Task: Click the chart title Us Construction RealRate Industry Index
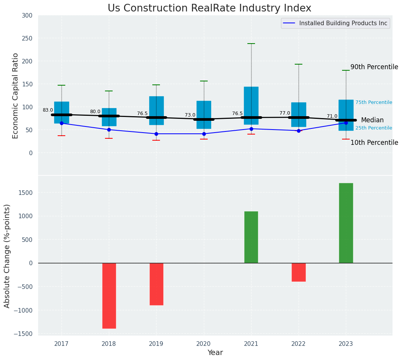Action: click(209, 8)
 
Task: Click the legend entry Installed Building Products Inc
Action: click(343, 23)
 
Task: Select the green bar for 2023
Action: click(346, 223)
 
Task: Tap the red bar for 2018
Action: click(109, 295)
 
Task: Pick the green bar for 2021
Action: click(251, 237)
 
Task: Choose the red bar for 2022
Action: click(299, 272)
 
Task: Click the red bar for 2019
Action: click(156, 284)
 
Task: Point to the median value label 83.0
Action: click(48, 110)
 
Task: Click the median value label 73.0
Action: click(190, 115)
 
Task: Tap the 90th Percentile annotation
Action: click(374, 67)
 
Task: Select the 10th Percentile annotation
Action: click(374, 143)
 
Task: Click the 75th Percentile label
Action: click(374, 102)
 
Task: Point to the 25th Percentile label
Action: click(374, 128)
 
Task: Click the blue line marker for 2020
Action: click(204, 134)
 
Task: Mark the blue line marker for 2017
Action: click(61, 123)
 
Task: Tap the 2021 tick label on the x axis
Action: click(251, 344)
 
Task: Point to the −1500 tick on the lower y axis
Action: click(25, 334)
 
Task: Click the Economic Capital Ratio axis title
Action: click(16, 96)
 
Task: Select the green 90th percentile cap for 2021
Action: click(251, 44)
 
